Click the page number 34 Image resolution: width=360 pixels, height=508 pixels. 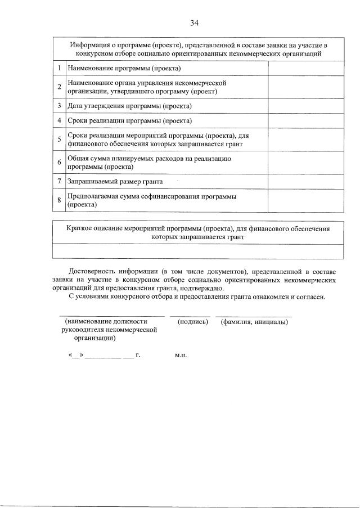pyautogui.click(x=194, y=23)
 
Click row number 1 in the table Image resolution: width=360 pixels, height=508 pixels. pyautogui.click(x=60, y=68)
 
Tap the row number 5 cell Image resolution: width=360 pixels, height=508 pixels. pyautogui.click(x=60, y=139)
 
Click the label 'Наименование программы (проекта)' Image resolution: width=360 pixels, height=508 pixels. pyautogui.click(x=124, y=68)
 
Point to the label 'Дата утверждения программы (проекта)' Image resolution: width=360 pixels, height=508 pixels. pyautogui.click(x=129, y=106)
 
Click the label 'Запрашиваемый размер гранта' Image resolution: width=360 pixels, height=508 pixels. pyautogui.click(x=115, y=182)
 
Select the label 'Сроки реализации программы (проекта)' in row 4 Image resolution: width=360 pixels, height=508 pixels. pyautogui.click(x=129, y=120)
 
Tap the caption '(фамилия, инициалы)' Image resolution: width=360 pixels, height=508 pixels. pyautogui.click(x=255, y=322)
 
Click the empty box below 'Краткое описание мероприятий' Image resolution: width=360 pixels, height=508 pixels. pyautogui.click(x=197, y=251)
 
